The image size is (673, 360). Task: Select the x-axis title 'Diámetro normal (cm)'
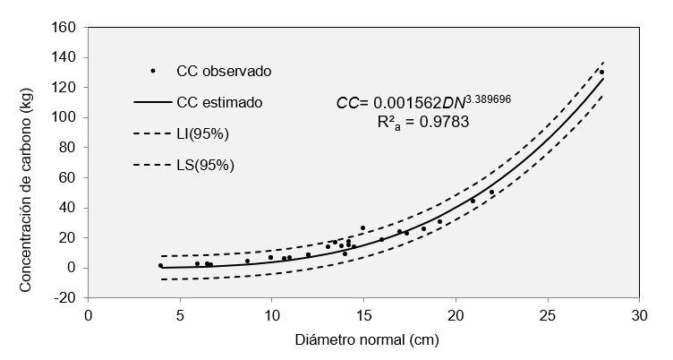pyautogui.click(x=362, y=340)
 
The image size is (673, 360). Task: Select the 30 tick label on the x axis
pyautogui.click(x=639, y=316)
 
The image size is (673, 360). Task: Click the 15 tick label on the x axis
pyautogui.click(x=363, y=316)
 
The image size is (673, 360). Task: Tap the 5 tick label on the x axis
pyautogui.click(x=180, y=316)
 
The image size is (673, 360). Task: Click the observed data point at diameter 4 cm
pyautogui.click(x=161, y=265)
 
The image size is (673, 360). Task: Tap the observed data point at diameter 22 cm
pyautogui.click(x=491, y=193)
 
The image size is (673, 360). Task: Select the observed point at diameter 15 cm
pyautogui.click(x=362, y=228)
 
